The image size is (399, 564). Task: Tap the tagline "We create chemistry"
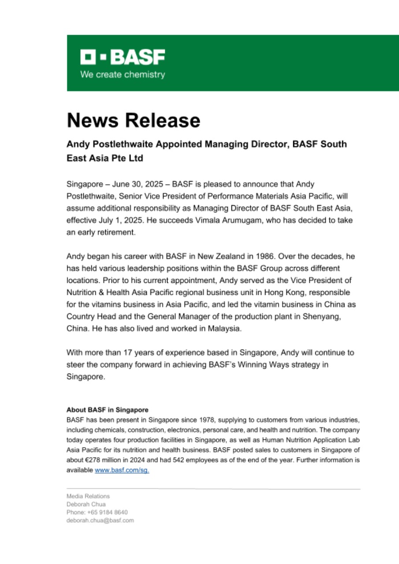pyautogui.click(x=123, y=74)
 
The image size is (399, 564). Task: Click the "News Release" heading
pyautogui.click(x=133, y=120)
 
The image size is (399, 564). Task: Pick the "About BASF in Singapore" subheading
pyautogui.click(x=107, y=409)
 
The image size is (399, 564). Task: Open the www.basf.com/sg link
pyautogui.click(x=122, y=471)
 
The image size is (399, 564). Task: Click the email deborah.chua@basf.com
pyautogui.click(x=100, y=520)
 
